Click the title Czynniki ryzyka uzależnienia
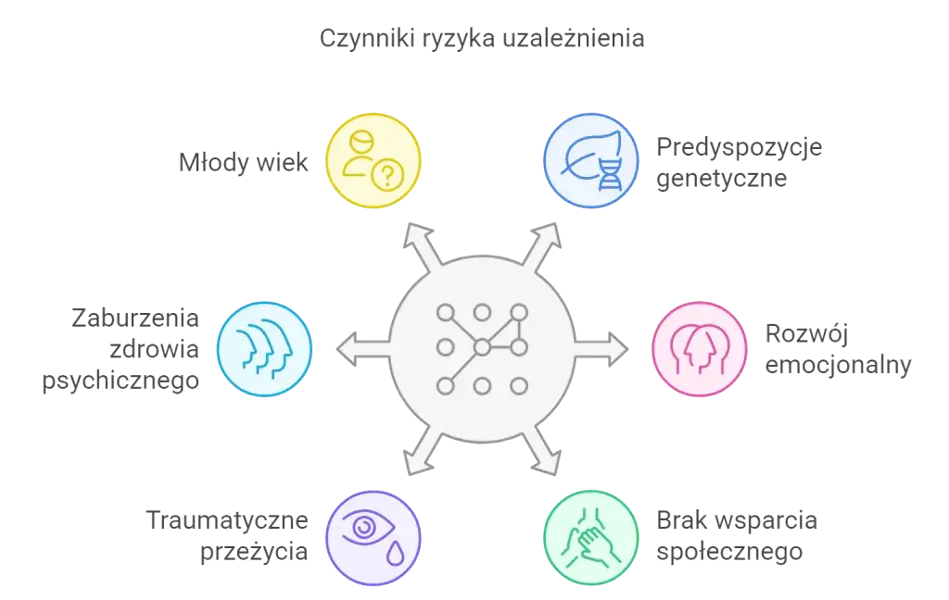(x=481, y=40)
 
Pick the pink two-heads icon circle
(x=699, y=348)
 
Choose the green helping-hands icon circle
(x=589, y=538)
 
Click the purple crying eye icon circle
(x=373, y=538)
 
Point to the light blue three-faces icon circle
(x=264, y=348)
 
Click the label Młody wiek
(x=243, y=163)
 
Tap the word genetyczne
(x=722, y=178)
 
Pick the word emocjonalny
(x=838, y=364)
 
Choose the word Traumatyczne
(x=228, y=521)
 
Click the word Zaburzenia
(x=133, y=319)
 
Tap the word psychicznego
(x=120, y=381)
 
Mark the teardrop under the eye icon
(x=396, y=553)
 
